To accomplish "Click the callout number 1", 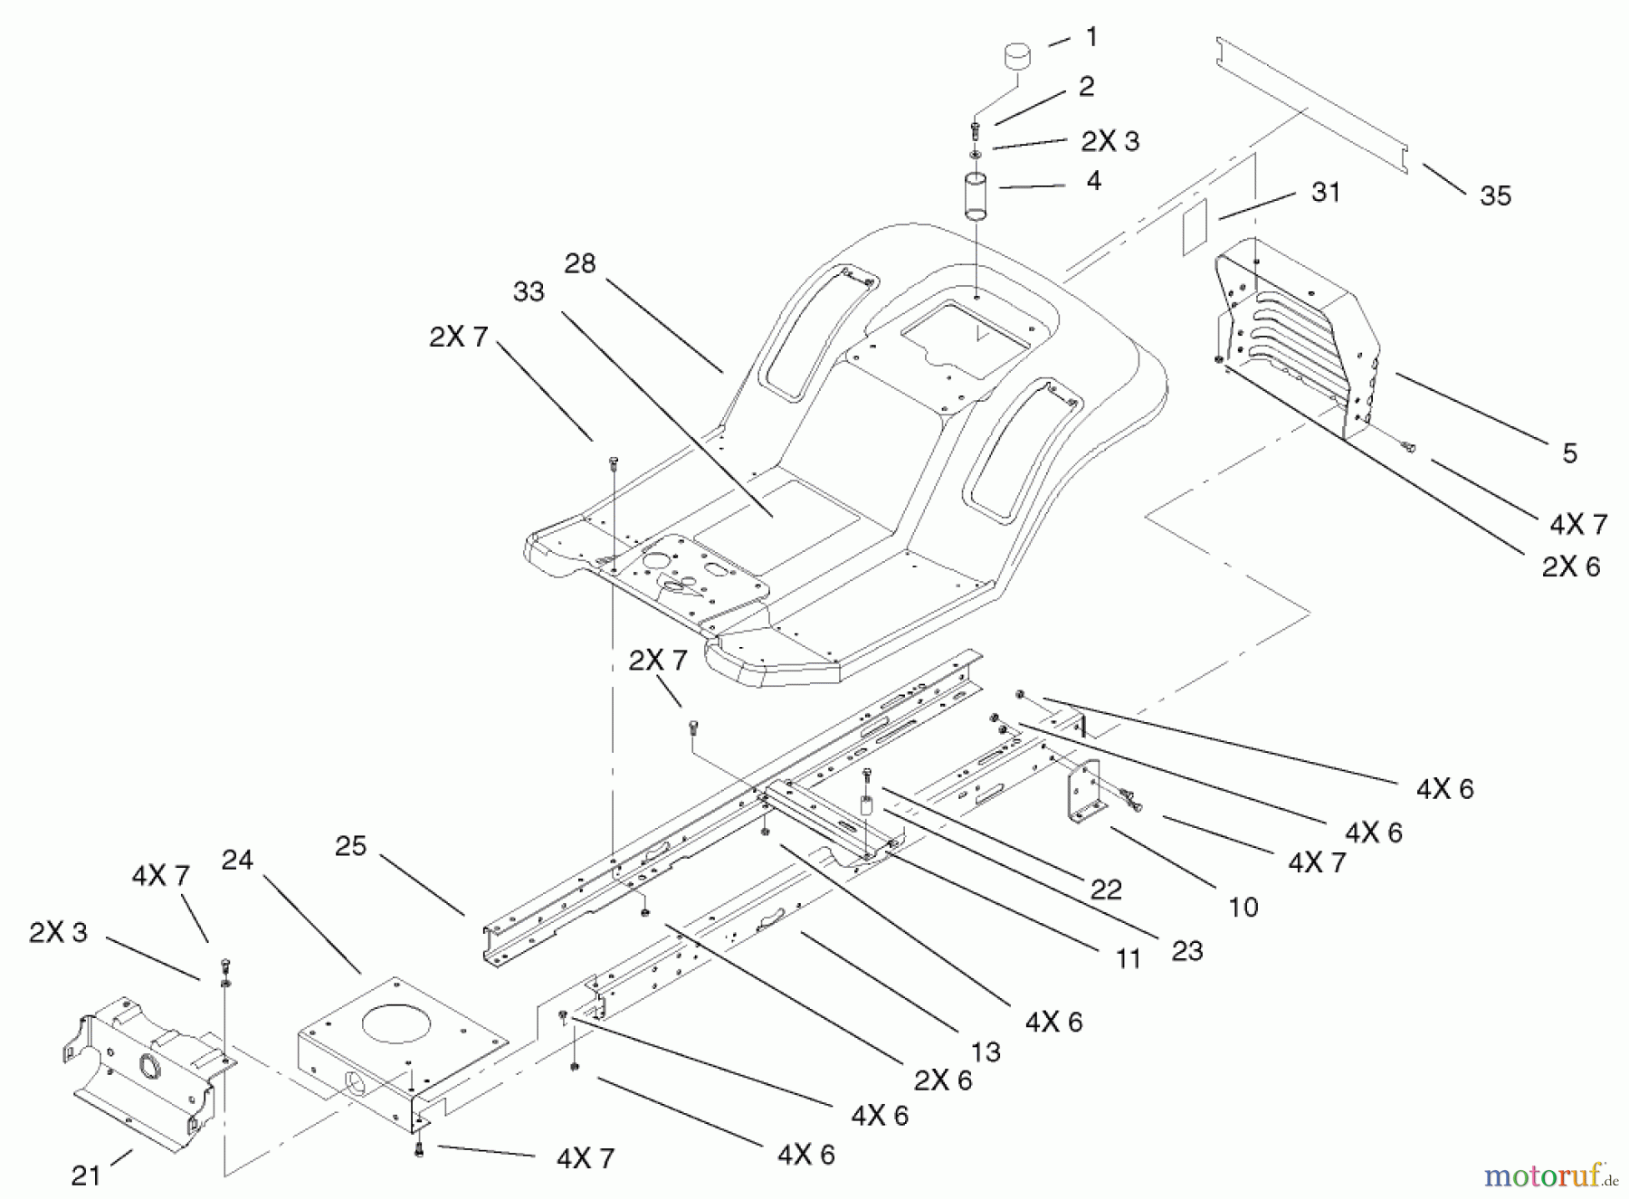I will [x=1091, y=37].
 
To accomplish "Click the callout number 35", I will [x=1495, y=195].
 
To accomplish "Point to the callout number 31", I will [x=1326, y=192].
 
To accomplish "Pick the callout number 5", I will [x=1569, y=452].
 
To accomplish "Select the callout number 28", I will [x=580, y=263].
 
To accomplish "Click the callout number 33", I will [x=529, y=291].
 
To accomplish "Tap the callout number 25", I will [x=351, y=846].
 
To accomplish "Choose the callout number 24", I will [x=237, y=860].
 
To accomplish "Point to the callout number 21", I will [x=86, y=1175].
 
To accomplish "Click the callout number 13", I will [x=986, y=1052].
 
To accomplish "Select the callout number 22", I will [x=1106, y=890].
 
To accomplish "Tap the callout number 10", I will [x=1243, y=907].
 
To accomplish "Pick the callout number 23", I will [x=1187, y=950].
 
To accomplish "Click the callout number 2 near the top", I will [x=1086, y=86].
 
